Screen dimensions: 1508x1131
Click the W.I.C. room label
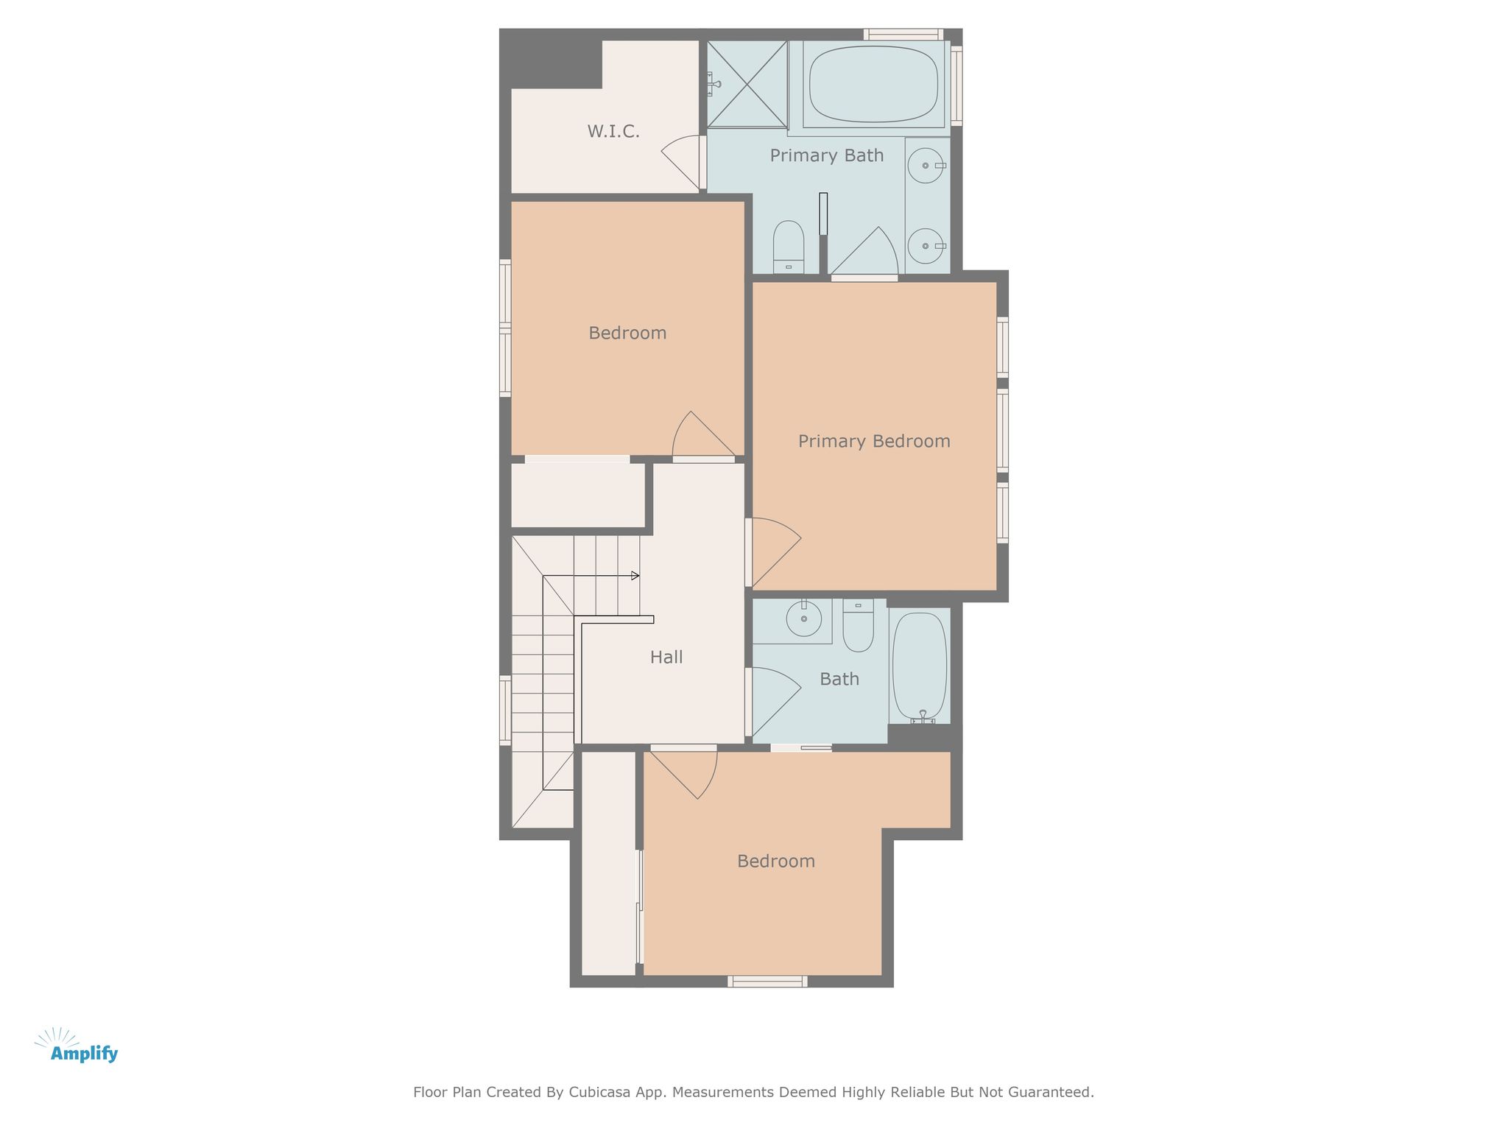pos(613,132)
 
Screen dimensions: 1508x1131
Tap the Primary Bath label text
pos(827,155)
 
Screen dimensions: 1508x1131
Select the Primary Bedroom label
pos(874,441)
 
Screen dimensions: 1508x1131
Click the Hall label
pos(666,657)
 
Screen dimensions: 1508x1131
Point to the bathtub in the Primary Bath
pos(873,84)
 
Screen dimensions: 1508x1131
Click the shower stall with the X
pos(747,84)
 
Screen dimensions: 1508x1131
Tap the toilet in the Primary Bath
pos(789,247)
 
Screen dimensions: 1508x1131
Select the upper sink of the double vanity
pos(926,166)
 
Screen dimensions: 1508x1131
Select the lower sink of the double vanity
pos(926,245)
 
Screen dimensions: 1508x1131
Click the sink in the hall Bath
pos(804,619)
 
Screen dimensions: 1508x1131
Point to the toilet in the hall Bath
pos(858,625)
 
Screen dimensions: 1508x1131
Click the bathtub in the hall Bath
pos(920,666)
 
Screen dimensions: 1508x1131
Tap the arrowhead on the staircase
pos(635,576)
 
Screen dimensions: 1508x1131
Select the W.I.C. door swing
pos(681,162)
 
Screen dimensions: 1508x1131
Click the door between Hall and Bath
pos(773,702)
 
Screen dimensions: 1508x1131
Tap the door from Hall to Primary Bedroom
pos(773,552)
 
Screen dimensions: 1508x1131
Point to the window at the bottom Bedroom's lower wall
pos(767,982)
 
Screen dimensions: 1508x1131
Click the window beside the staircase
pos(505,710)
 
